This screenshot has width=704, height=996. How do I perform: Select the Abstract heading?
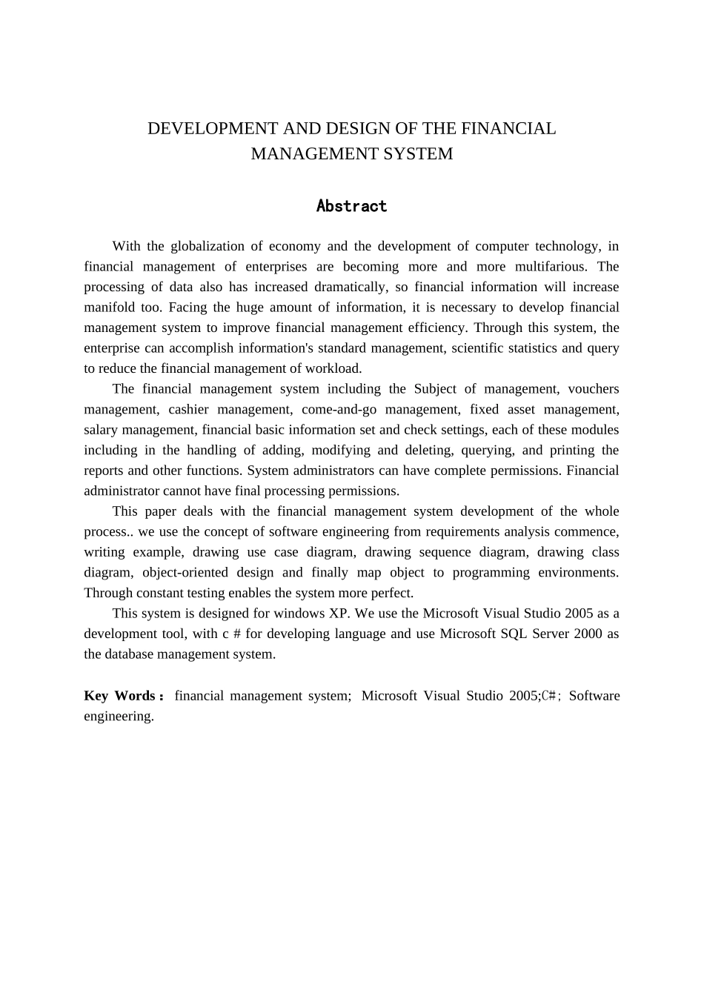(x=351, y=206)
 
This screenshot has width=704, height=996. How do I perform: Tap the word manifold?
(x=108, y=308)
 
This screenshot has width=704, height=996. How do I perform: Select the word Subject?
(x=435, y=389)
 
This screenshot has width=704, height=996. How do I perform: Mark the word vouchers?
(x=593, y=389)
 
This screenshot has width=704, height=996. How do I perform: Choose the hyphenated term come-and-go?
(x=339, y=410)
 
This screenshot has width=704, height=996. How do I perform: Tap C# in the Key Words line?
(x=550, y=696)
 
